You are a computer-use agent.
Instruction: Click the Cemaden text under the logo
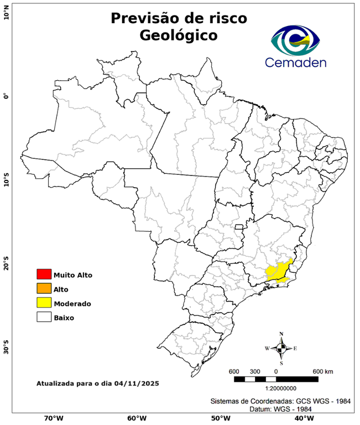295,62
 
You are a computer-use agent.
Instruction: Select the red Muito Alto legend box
44,274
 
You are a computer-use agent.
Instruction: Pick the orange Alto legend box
44,289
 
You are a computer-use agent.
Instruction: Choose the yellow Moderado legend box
44,303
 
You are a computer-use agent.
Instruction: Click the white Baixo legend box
44,318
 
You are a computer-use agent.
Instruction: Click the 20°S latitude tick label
7,263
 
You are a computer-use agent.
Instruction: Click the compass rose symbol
281,348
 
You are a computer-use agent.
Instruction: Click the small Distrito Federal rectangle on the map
239,227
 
